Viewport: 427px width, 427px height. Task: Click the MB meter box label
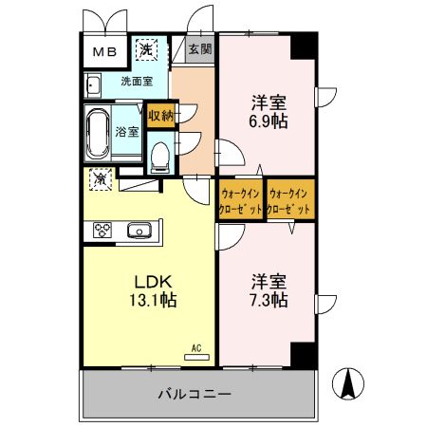[104, 52]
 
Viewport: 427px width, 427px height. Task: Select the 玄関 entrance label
[198, 48]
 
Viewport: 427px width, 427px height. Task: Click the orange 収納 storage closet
[160, 116]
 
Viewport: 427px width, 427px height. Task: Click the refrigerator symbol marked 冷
[100, 177]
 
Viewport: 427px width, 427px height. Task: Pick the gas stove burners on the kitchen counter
[102, 230]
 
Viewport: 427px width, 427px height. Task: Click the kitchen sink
[139, 230]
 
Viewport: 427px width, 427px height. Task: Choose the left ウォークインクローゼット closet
[241, 199]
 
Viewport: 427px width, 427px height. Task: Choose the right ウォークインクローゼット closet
[289, 199]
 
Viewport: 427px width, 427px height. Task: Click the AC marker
[197, 348]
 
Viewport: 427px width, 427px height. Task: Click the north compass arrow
[348, 383]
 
